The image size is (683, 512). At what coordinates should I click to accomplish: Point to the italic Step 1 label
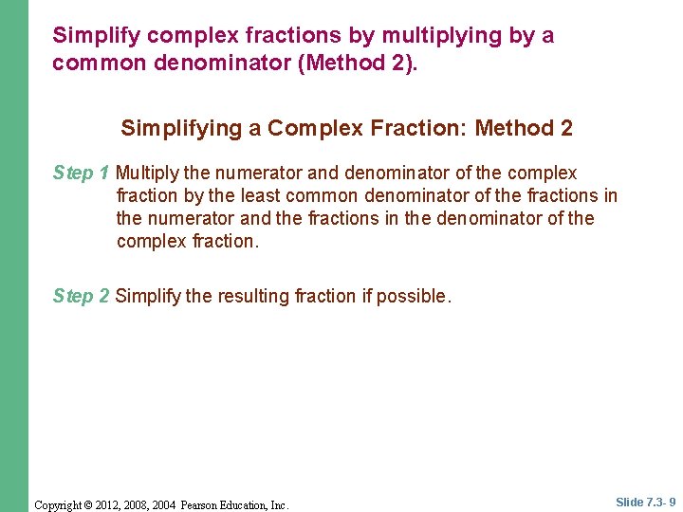pyautogui.click(x=82, y=174)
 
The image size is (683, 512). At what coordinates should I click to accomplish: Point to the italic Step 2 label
pyautogui.click(x=82, y=297)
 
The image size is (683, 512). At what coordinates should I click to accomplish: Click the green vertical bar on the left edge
pyautogui.click(x=14, y=256)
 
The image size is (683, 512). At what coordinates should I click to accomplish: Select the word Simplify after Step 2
pyautogui.click(x=148, y=297)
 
